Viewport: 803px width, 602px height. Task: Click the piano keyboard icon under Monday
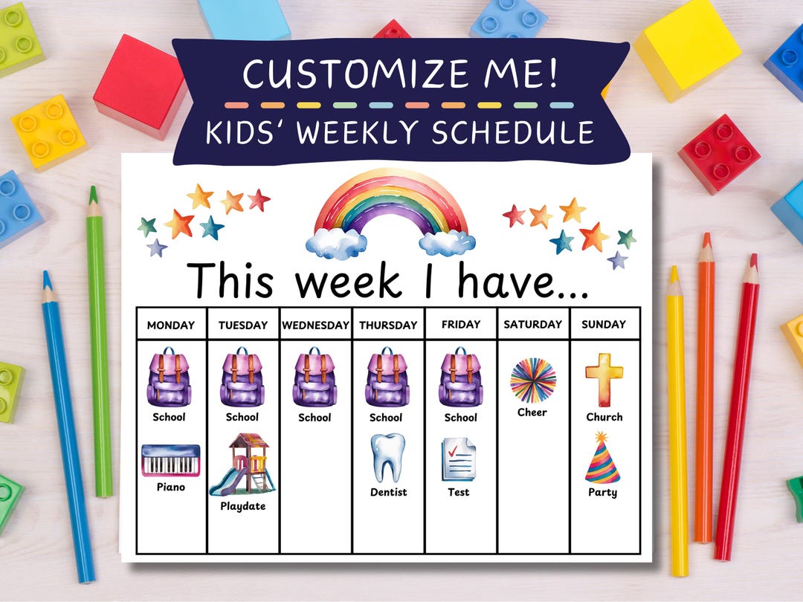tap(171, 460)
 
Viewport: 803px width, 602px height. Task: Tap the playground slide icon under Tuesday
tap(242, 465)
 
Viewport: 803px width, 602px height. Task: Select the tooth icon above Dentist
tap(388, 458)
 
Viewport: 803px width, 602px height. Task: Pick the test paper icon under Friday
tap(459, 459)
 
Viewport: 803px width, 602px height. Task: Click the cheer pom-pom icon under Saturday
tap(532, 380)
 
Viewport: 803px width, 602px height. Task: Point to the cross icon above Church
tap(604, 380)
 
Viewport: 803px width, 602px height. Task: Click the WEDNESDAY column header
tap(315, 325)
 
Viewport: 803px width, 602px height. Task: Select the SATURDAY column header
tap(532, 324)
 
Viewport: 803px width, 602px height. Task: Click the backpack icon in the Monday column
tap(169, 378)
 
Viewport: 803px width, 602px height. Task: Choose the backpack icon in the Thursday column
tap(387, 378)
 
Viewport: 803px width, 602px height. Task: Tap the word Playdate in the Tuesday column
tap(242, 506)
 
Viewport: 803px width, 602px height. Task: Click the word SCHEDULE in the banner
tap(513, 133)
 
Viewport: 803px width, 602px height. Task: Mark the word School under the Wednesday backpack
tap(315, 418)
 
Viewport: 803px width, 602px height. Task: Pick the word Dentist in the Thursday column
tap(388, 492)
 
